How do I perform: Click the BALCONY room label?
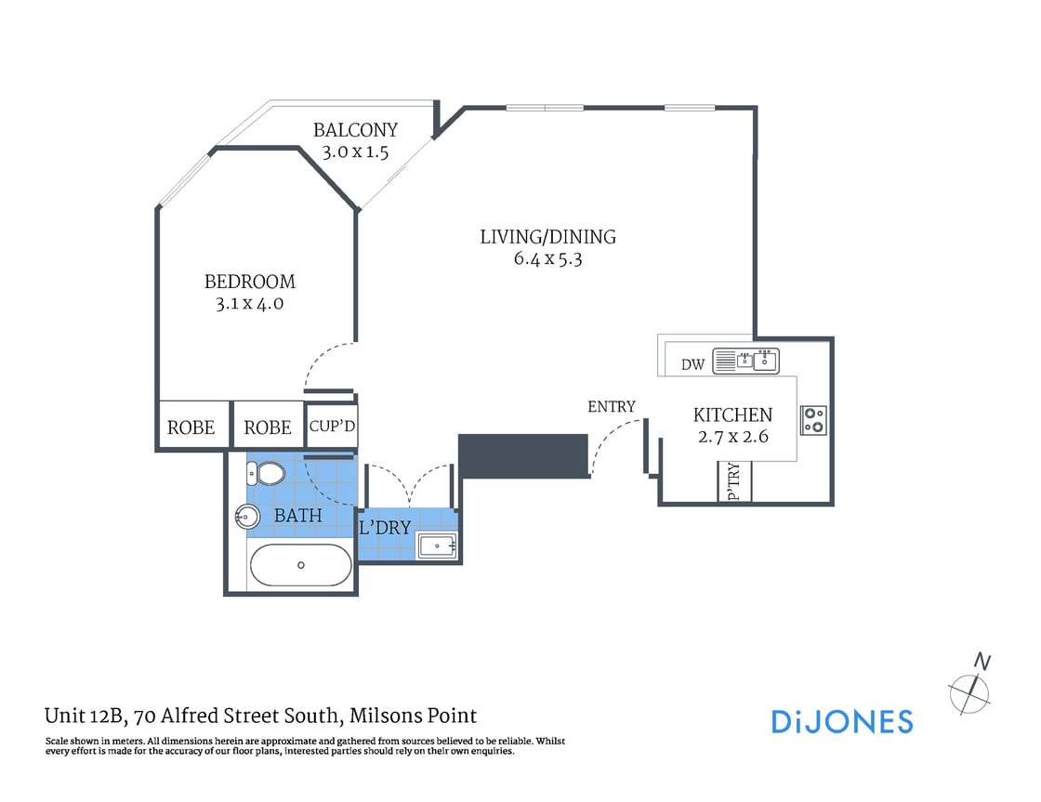coord(355,130)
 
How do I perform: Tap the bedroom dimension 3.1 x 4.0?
coord(249,303)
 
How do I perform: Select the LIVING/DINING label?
coord(547,237)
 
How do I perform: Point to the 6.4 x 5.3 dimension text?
coord(547,259)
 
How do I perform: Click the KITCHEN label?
coord(732,415)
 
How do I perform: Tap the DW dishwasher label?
coord(693,364)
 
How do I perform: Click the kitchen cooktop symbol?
coord(814,420)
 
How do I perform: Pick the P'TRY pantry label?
coord(733,482)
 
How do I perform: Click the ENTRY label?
coord(612,406)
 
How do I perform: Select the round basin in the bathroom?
coord(248,517)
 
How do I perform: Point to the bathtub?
coord(300,564)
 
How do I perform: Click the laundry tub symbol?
coord(437,546)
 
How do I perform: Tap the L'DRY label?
coord(385,528)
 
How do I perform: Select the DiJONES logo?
coord(842,722)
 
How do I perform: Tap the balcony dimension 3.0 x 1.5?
coord(355,152)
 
